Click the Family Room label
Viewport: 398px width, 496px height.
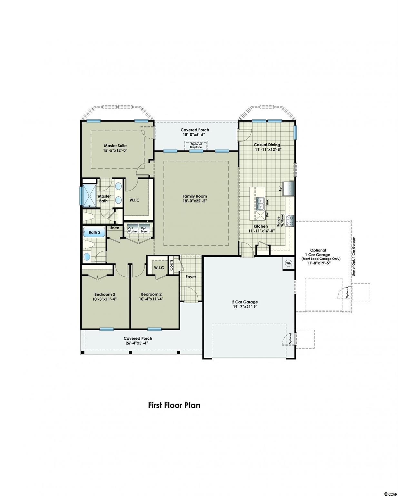tap(194, 196)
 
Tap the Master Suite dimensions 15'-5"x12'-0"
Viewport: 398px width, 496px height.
tap(115, 150)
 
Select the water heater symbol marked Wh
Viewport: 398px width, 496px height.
tap(289, 263)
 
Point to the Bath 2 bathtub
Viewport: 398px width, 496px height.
tap(95, 232)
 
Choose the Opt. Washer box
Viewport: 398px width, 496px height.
tap(133, 230)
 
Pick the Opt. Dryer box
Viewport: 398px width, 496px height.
tap(144, 230)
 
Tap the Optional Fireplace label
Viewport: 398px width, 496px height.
tap(196, 145)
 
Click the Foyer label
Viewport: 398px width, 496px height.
tap(191, 277)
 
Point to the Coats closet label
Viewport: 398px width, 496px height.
tap(171, 265)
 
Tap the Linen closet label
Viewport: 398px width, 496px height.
tap(114, 228)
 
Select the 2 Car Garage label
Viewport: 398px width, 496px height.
tap(244, 302)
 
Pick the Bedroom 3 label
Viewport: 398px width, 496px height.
tap(104, 294)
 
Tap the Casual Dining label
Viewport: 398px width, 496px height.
tap(267, 145)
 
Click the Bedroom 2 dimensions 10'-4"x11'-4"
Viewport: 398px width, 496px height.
tap(151, 299)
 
